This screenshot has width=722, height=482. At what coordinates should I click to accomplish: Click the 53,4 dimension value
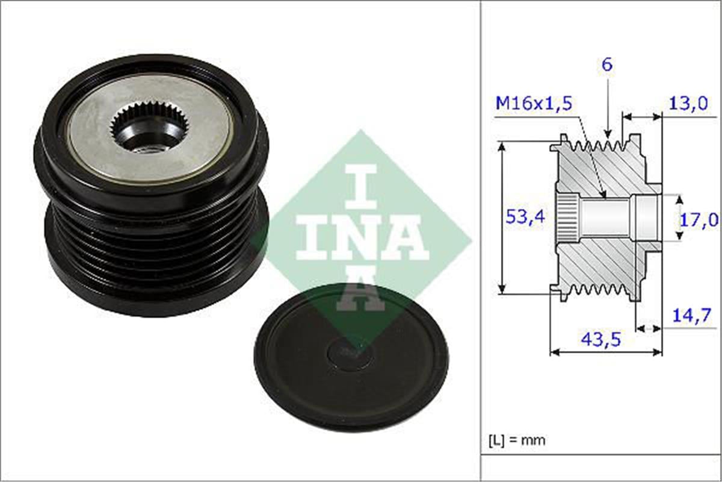coord(525,217)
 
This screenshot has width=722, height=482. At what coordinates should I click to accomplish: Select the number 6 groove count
coord(607,65)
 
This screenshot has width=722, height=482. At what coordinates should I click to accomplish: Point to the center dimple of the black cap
coord(348,352)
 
